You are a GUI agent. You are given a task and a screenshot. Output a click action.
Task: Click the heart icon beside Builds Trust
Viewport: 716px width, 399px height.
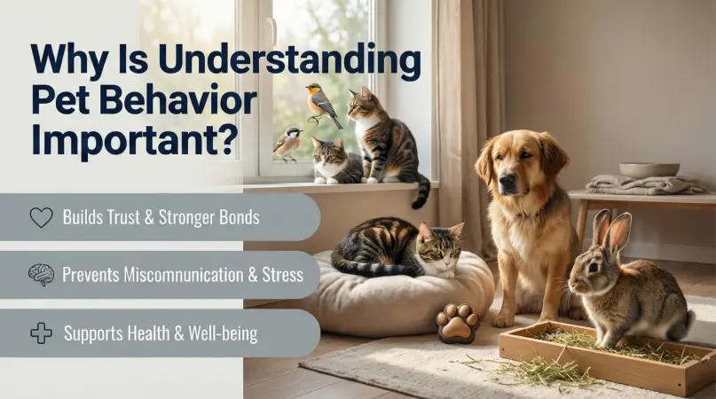coord(41,218)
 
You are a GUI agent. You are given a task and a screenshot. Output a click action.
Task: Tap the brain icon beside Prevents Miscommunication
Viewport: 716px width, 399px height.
coord(41,275)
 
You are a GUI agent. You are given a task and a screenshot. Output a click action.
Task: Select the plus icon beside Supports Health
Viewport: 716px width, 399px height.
coord(41,333)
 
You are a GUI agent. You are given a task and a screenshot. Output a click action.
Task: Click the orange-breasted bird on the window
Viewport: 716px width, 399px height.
coord(321,104)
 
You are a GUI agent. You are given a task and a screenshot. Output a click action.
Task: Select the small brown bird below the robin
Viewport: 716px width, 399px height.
coord(287,142)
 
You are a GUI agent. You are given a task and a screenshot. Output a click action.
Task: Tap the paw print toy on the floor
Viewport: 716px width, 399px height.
coord(457,325)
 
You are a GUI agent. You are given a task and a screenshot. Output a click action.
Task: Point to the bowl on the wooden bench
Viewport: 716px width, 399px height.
coord(649,168)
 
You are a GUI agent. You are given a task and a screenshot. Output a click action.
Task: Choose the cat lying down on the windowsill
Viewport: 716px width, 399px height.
coord(335,162)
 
